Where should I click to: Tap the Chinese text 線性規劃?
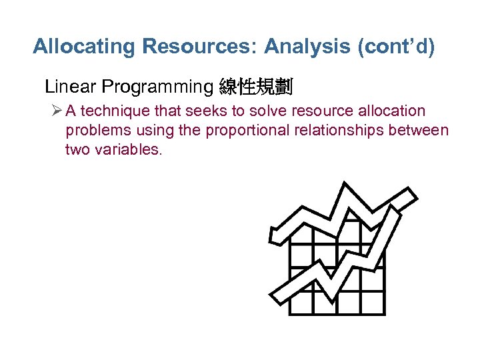coord(256,87)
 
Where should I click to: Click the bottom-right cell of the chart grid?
coord(372,302)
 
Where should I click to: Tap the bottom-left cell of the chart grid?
coord(301,302)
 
